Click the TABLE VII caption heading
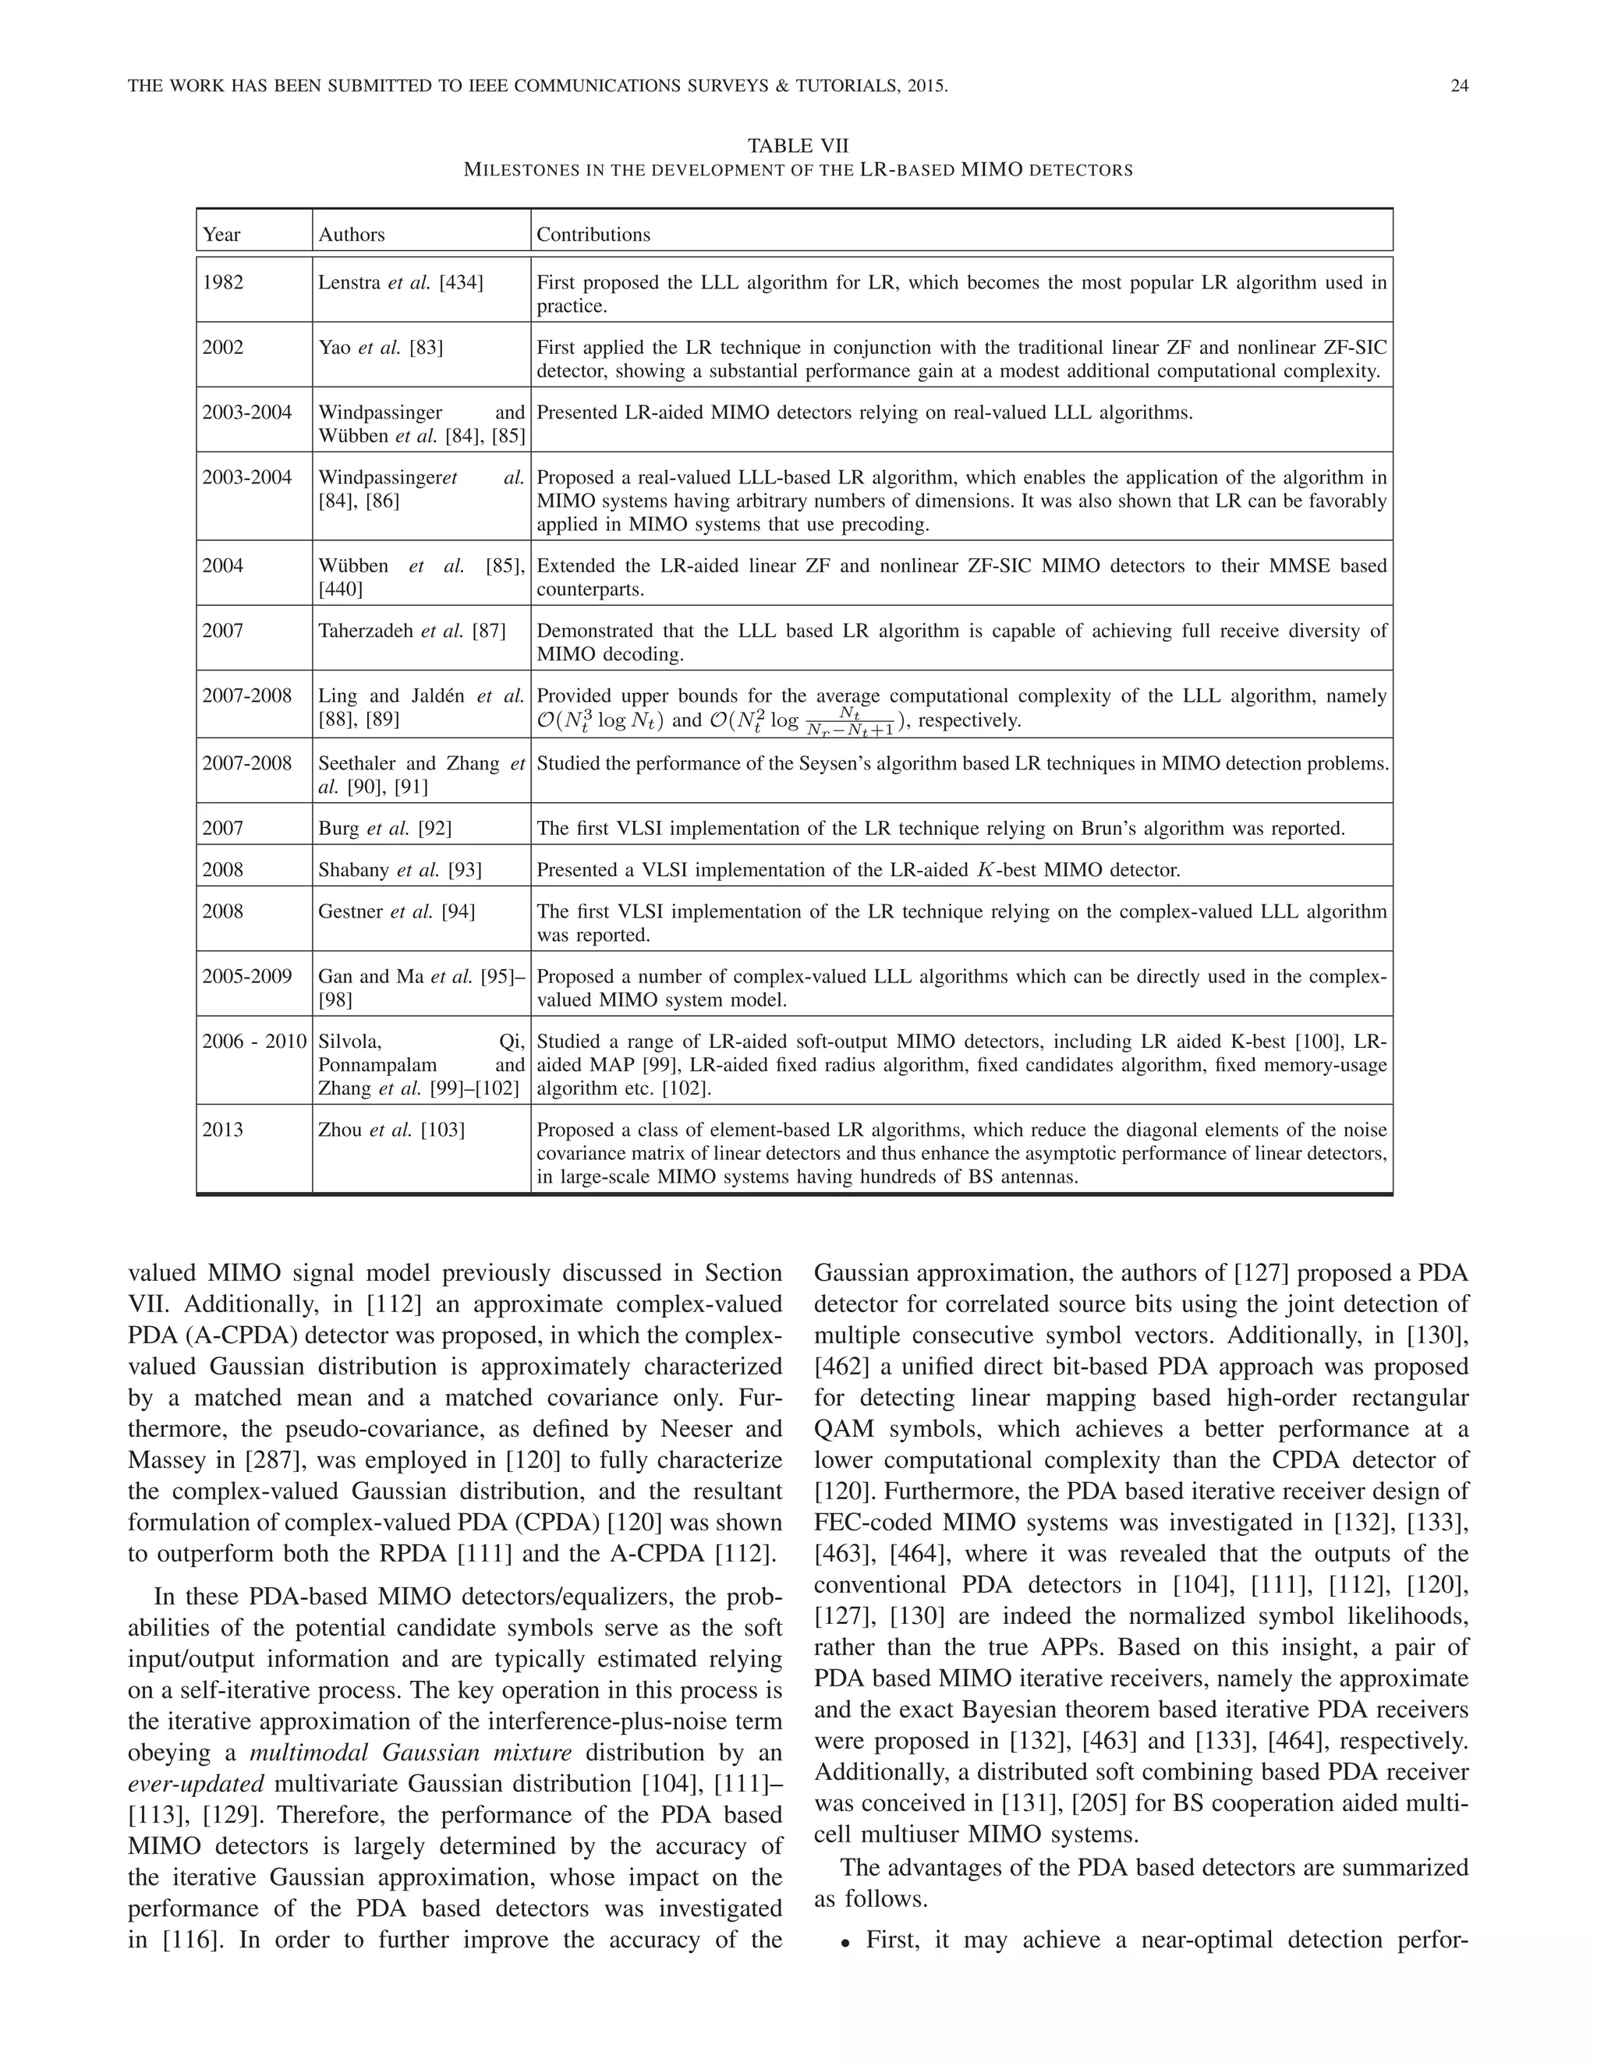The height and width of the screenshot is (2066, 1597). click(x=798, y=146)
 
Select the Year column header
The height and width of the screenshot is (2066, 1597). click(x=221, y=235)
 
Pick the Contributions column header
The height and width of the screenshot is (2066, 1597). click(x=593, y=235)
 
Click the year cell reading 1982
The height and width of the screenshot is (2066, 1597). click(x=222, y=282)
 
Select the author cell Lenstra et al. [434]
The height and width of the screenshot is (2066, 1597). click(x=400, y=282)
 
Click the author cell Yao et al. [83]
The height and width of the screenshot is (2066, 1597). click(x=381, y=347)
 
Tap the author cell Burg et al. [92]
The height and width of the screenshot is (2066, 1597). click(x=384, y=829)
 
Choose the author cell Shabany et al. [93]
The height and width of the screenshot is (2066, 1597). click(x=399, y=869)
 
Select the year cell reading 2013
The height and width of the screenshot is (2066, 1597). click(x=222, y=1130)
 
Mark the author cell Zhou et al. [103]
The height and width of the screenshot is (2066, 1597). click(x=391, y=1130)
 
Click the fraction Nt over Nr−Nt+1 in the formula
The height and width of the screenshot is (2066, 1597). click(x=850, y=722)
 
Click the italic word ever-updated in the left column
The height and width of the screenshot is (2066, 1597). click(x=195, y=1784)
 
